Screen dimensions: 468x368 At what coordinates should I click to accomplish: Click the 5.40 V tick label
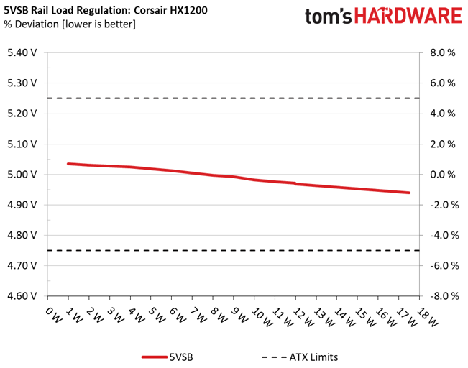click(22, 52)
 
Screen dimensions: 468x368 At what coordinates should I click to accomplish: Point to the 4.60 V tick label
click(22, 296)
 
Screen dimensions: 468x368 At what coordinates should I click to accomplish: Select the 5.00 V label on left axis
click(22, 175)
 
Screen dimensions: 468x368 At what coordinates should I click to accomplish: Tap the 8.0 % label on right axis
click(443, 52)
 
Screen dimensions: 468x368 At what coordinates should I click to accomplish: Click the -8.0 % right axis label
click(444, 296)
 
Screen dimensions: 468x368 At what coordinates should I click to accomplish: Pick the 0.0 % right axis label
click(443, 175)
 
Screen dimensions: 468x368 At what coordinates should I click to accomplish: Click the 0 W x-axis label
click(54, 315)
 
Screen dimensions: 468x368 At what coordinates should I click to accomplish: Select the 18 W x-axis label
click(428, 316)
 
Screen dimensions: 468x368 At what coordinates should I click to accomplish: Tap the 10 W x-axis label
click(262, 316)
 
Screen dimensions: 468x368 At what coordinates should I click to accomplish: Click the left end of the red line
click(68, 164)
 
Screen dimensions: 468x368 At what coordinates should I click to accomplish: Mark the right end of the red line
click(409, 193)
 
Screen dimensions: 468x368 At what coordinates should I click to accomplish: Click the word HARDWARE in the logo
click(408, 16)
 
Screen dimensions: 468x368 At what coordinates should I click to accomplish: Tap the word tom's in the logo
click(328, 17)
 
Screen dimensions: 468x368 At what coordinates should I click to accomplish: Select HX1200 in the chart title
click(188, 10)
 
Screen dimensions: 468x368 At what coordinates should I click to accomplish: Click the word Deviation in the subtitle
click(37, 24)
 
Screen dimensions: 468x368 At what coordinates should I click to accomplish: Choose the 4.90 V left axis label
click(22, 205)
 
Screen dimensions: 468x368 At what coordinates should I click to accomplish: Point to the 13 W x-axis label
click(324, 316)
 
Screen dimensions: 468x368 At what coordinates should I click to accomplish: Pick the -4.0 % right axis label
click(444, 235)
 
